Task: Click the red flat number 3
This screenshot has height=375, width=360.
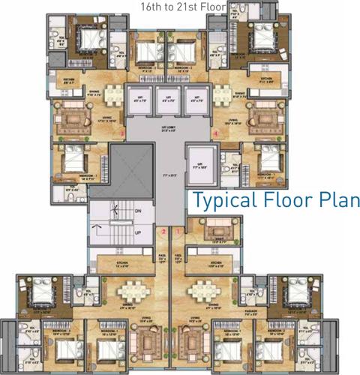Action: click(121, 134)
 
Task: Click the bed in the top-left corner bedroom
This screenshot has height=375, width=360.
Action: click(76, 35)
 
